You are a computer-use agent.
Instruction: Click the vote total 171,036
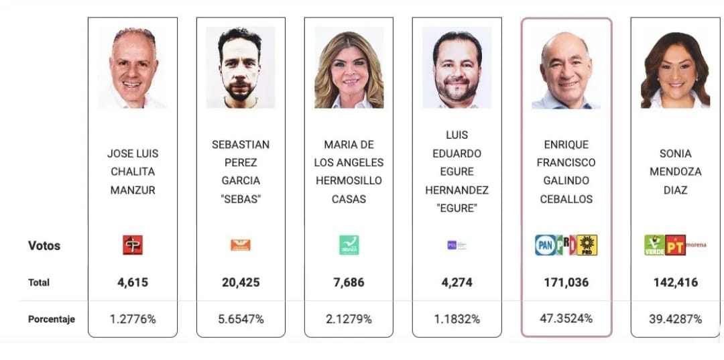566,282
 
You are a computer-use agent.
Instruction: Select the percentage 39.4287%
675,318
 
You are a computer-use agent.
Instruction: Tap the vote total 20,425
241,282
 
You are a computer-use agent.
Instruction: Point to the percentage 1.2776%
133,319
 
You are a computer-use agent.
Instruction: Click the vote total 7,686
349,282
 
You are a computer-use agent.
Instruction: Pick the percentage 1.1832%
457,319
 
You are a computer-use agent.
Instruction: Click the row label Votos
44,245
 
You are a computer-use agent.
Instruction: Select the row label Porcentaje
52,319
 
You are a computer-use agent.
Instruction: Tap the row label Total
39,282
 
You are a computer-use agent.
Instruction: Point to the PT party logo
674,245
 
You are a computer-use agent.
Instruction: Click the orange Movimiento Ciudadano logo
240,245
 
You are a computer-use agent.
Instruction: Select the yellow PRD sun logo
587,245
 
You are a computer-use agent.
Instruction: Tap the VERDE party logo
654,245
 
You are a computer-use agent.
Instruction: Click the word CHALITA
133,172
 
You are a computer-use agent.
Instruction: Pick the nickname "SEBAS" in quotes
241,199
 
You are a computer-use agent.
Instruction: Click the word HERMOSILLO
349,181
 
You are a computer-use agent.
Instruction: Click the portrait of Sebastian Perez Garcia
241,68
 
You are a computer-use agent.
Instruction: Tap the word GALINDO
566,181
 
